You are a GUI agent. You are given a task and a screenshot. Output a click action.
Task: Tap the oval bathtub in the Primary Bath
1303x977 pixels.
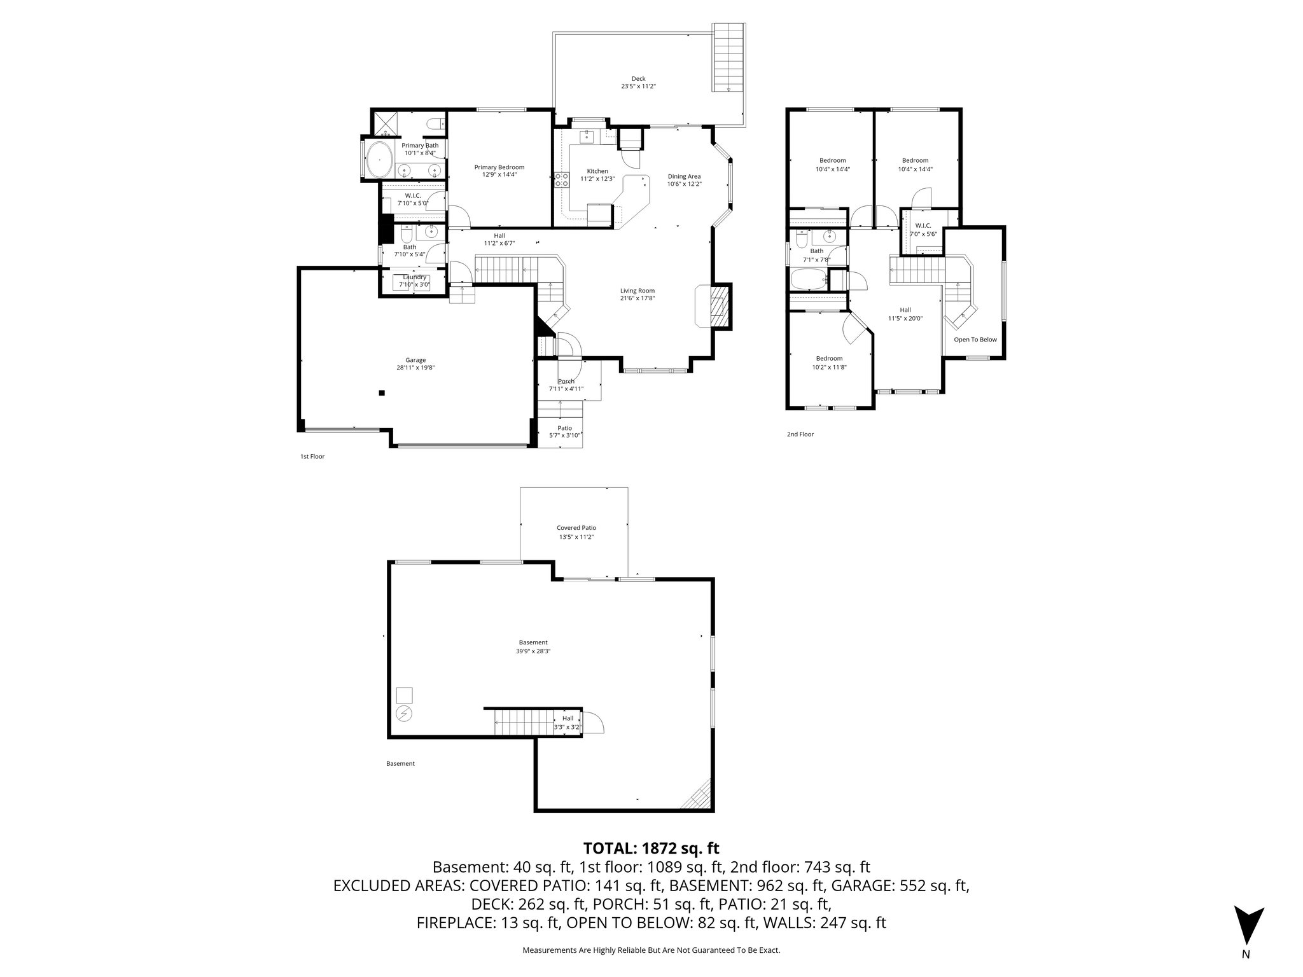(380, 160)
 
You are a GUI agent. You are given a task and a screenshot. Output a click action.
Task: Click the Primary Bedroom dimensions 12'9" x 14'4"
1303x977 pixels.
(499, 174)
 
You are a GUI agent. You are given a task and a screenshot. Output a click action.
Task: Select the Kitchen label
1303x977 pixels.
(597, 171)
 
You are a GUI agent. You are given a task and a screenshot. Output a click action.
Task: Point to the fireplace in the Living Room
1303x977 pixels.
(718, 305)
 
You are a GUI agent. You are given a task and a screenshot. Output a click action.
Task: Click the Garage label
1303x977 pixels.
(415, 360)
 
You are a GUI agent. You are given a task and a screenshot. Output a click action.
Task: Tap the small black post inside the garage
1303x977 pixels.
(382, 393)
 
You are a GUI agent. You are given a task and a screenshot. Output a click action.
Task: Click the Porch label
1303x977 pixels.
(566, 382)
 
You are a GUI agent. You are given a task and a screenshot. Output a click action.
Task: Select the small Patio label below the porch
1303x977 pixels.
(564, 428)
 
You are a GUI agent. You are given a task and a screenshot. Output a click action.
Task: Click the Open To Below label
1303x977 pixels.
(975, 340)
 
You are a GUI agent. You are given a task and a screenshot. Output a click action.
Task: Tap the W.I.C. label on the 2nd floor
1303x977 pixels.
(923, 226)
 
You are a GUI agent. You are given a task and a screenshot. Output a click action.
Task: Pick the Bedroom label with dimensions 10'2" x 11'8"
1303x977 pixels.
(829, 359)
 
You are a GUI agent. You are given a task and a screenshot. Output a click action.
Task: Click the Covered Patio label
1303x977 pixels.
(576, 528)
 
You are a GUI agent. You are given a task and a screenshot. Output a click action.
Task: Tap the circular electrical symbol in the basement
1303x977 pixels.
(404, 714)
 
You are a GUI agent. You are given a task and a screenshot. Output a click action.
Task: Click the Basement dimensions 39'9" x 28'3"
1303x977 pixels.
(533, 651)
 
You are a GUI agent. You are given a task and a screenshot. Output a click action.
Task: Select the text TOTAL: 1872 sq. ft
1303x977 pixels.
(651, 848)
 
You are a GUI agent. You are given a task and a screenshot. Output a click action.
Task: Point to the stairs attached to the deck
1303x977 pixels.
(728, 57)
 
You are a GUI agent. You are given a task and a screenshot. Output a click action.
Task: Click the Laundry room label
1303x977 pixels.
(414, 277)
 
